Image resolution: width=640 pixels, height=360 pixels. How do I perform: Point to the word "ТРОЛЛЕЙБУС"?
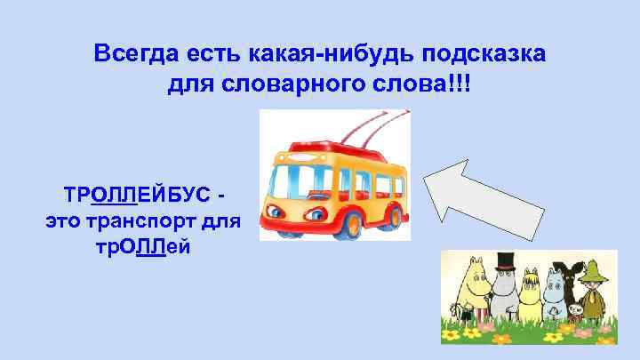coord(137,194)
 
